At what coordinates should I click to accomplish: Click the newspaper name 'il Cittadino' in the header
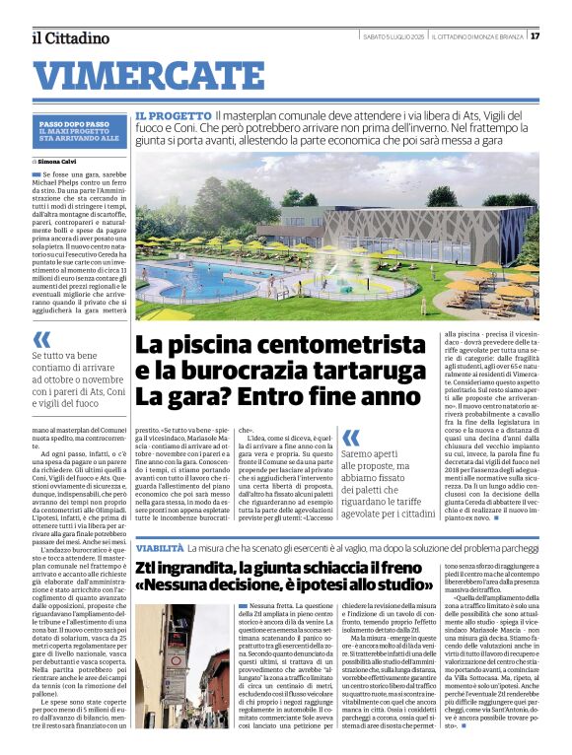point(69,37)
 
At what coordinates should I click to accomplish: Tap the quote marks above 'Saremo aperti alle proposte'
point(351,438)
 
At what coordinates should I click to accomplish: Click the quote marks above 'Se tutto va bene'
point(42,338)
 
